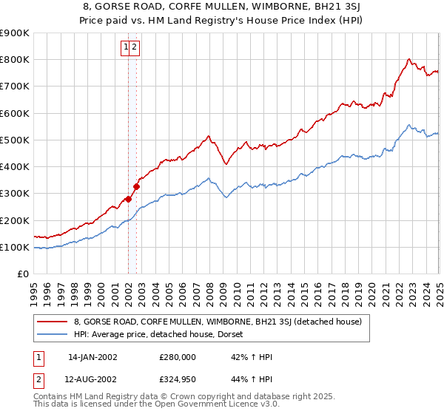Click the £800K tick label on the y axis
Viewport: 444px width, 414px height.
[15, 60]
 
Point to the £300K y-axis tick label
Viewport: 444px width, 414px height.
[15, 194]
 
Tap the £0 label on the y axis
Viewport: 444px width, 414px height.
[22, 274]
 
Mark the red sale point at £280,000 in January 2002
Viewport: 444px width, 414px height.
[129, 199]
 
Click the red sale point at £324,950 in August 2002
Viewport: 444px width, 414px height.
[137, 187]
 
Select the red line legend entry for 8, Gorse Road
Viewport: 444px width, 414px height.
[217, 322]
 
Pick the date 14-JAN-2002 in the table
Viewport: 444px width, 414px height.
[92, 357]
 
